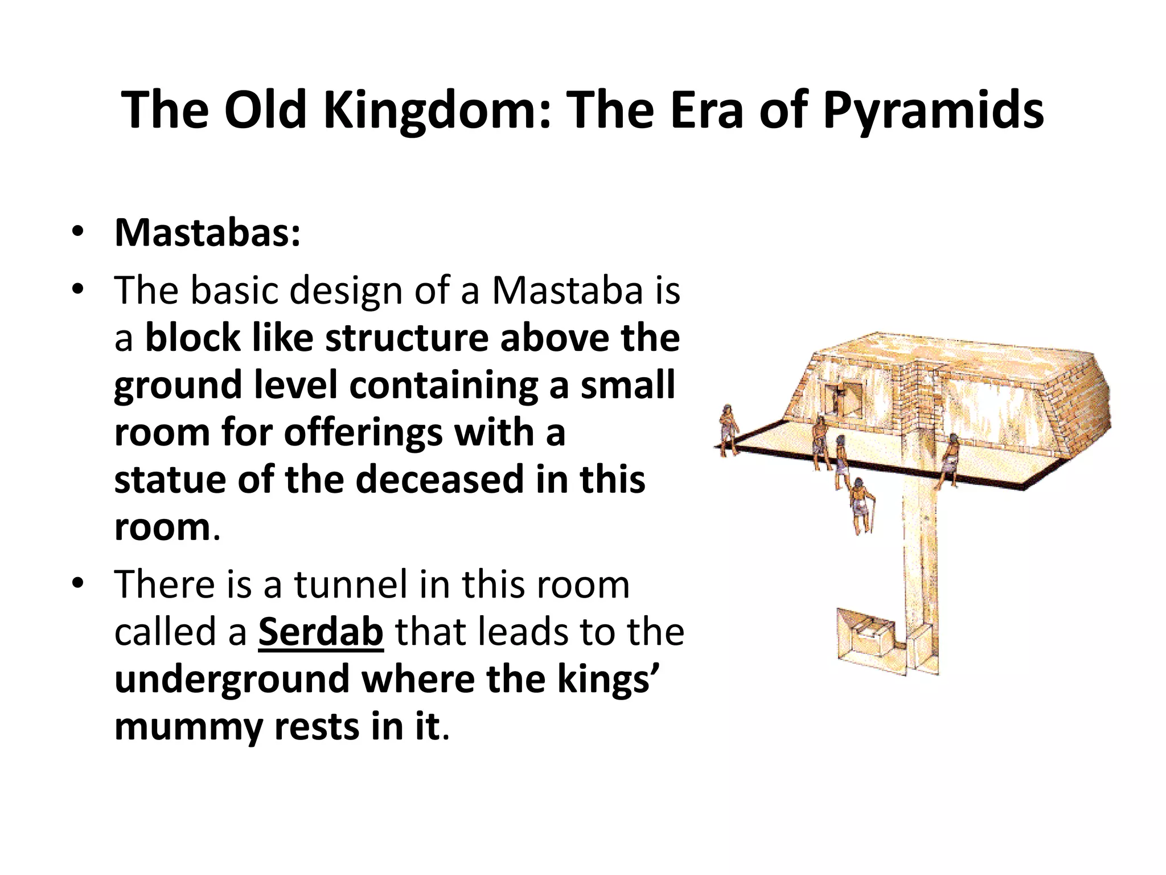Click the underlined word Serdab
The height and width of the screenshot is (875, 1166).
[x=321, y=632]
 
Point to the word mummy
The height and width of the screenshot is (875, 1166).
[x=188, y=727]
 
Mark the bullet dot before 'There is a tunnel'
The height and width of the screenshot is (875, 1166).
[x=78, y=583]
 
